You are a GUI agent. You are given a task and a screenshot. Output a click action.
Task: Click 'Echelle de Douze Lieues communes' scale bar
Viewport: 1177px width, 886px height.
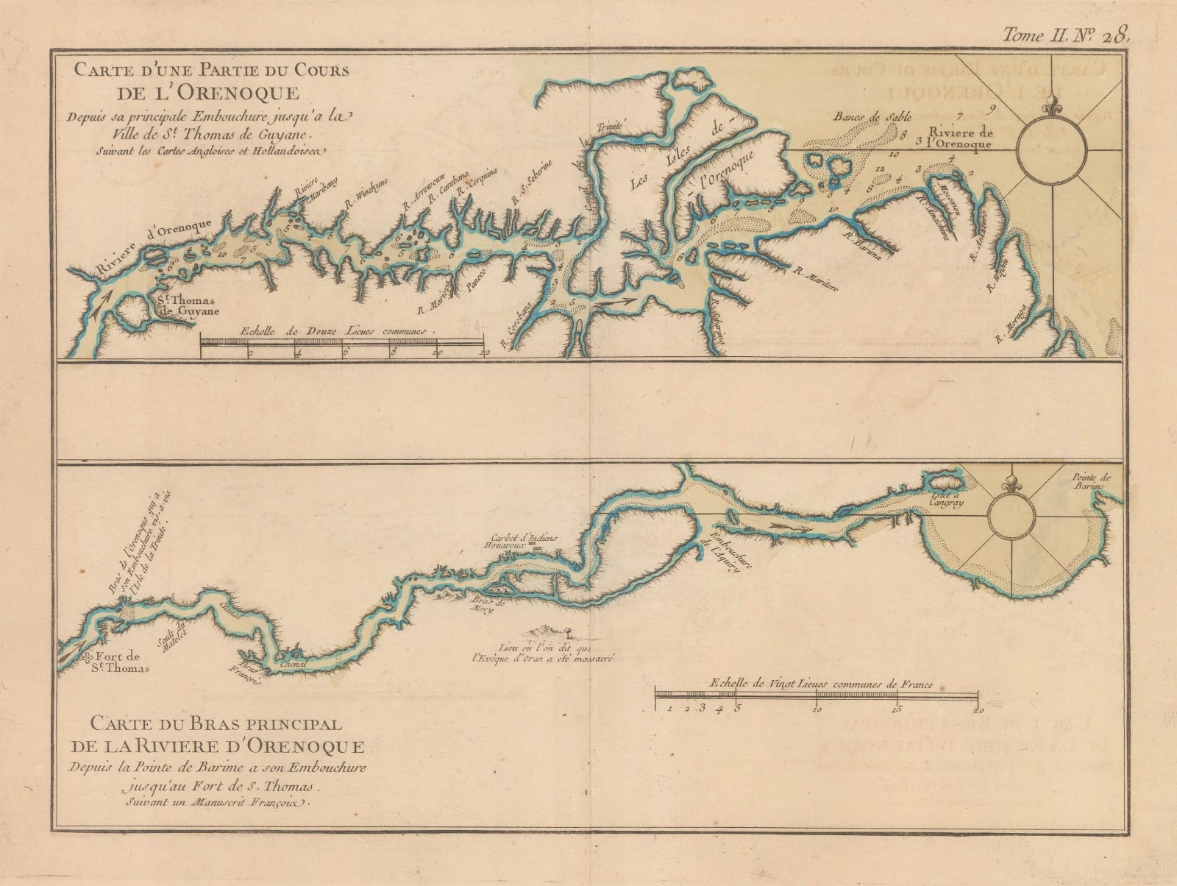pyautogui.click(x=341, y=342)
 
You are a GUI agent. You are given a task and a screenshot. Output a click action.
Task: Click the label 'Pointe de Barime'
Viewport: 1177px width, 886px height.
pyautogui.click(x=1095, y=481)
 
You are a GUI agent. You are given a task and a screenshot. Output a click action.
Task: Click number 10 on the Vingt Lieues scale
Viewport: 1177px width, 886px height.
pyautogui.click(x=817, y=711)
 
